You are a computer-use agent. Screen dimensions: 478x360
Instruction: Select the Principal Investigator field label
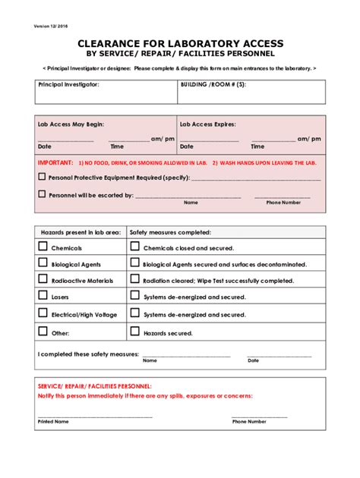[x=68, y=85]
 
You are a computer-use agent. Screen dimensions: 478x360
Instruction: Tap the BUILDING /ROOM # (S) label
[x=213, y=85]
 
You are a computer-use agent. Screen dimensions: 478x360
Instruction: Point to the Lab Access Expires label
[x=207, y=124]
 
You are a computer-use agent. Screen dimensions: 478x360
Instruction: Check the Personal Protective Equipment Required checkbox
[x=42, y=177]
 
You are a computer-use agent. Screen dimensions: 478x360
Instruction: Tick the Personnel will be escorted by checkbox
[x=42, y=194]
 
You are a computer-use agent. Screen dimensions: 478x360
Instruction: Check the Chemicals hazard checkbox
[x=43, y=247]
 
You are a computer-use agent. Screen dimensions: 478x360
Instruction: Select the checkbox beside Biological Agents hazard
[x=43, y=263]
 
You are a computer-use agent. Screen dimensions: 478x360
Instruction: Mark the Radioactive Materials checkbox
[x=43, y=280]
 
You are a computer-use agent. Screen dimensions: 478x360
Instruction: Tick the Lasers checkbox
[x=43, y=297]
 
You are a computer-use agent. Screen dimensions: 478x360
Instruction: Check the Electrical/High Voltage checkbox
[x=43, y=313]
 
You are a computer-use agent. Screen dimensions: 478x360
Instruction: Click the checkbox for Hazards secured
[x=134, y=331]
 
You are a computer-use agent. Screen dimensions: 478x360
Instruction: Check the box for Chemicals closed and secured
[x=134, y=247]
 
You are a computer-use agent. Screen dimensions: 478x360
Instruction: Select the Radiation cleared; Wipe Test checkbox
[x=134, y=280]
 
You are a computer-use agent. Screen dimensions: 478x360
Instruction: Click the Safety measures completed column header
[x=170, y=232]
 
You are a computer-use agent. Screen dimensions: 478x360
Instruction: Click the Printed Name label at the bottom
[x=53, y=421]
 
